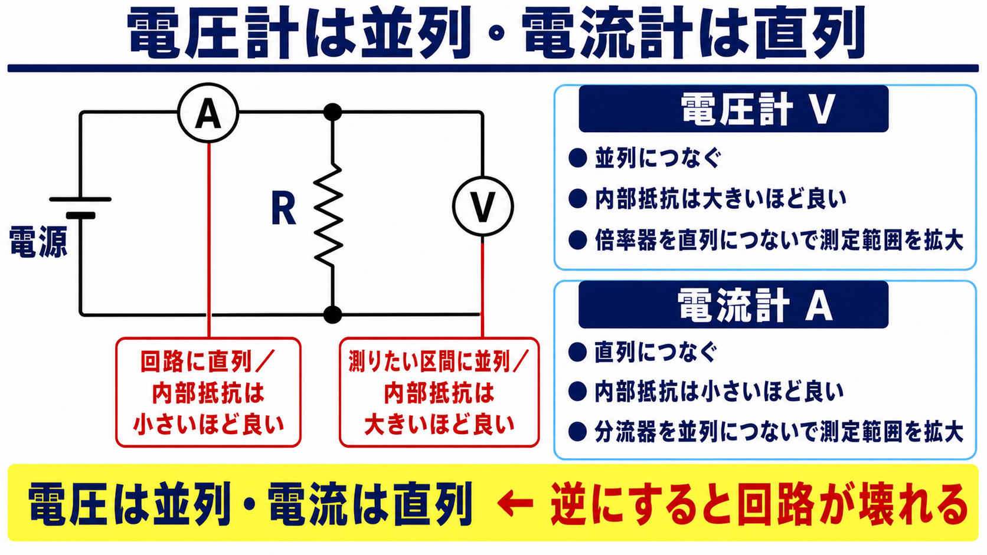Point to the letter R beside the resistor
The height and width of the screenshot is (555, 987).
(x=283, y=209)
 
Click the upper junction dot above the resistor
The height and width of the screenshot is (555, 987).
(x=333, y=112)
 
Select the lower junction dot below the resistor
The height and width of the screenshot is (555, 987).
(x=333, y=315)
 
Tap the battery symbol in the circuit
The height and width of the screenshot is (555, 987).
(x=80, y=207)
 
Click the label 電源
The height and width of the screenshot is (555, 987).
(x=38, y=242)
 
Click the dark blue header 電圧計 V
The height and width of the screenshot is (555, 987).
(x=733, y=109)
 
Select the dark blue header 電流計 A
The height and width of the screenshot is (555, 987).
(x=733, y=304)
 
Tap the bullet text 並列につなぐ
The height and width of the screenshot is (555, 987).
(x=658, y=158)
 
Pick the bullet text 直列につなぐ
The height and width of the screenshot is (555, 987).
(x=656, y=352)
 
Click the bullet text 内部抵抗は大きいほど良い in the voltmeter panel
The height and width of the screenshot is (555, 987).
(x=720, y=199)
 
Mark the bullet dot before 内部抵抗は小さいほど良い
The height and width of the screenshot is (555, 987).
(x=578, y=391)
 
